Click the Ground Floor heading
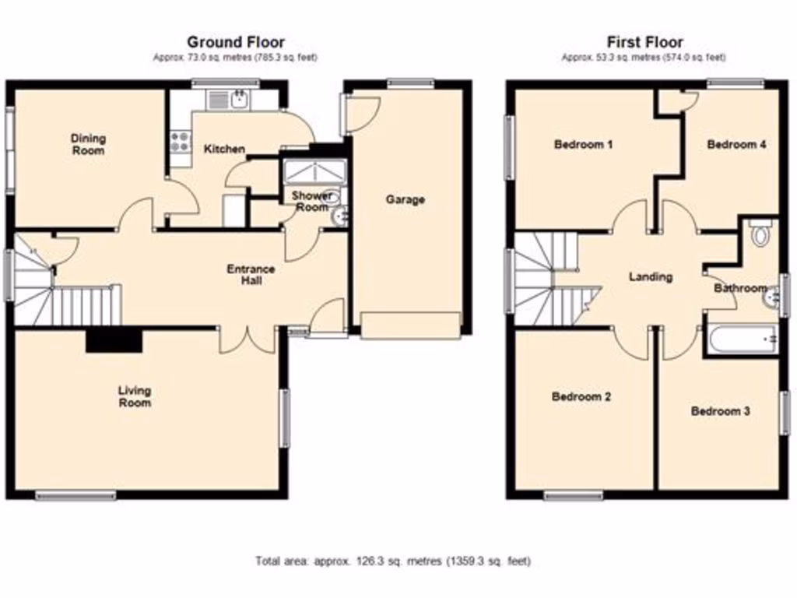[235, 42]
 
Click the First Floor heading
[644, 42]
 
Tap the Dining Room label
[88, 144]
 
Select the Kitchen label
[224, 149]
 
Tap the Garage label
[406, 199]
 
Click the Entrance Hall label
[251, 275]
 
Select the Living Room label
[135, 396]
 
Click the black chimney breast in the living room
[114, 340]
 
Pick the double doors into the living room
[248, 339]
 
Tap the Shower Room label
[313, 202]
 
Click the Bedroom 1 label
[584, 144]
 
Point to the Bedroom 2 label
[581, 396]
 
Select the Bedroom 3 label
[721, 411]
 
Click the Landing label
[650, 276]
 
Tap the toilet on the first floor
[759, 233]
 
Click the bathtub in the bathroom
[740, 340]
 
